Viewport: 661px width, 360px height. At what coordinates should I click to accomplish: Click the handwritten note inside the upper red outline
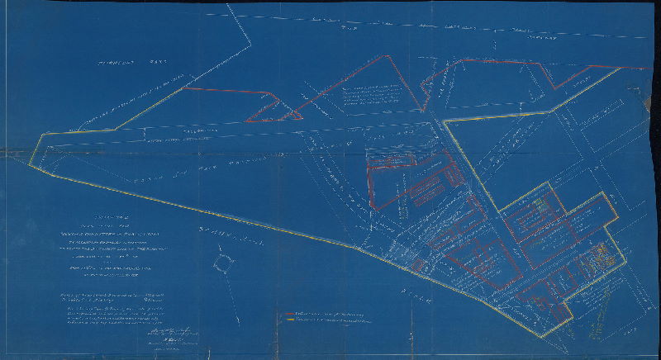pos(367,96)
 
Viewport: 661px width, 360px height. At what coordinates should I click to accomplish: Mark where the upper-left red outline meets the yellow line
pos(186,88)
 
